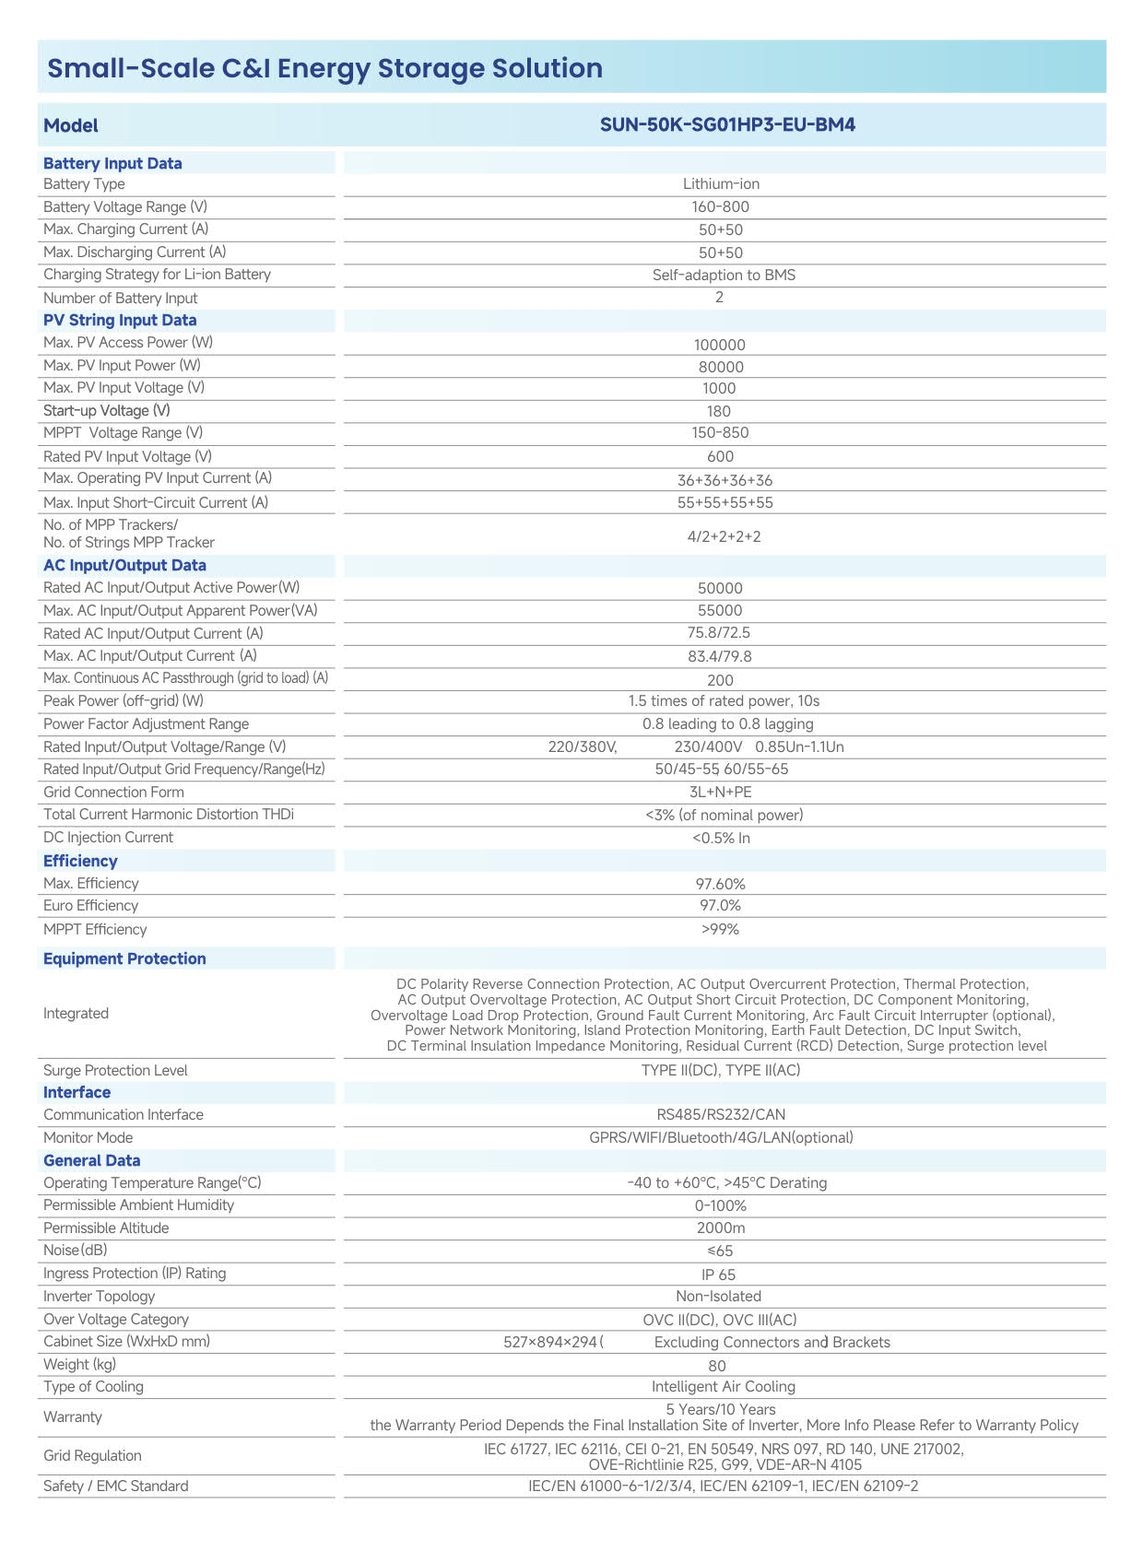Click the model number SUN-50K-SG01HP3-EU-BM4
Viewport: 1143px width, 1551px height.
[x=727, y=124]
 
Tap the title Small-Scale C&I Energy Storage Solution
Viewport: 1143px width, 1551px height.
[x=324, y=68]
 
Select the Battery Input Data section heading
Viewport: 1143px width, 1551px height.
[x=112, y=163]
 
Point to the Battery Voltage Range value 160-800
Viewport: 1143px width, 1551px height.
[x=720, y=207]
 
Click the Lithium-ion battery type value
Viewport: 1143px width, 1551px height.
[x=721, y=184]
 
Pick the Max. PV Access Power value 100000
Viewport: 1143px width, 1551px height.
[x=719, y=345]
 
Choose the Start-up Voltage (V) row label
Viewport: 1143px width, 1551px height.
[x=106, y=410]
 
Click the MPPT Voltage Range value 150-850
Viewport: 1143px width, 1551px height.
[x=720, y=433]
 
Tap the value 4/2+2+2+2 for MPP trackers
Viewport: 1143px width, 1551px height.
[x=724, y=536]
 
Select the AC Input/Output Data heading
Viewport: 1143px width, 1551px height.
[x=124, y=565]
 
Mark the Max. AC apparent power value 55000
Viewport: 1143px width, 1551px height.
[x=720, y=610]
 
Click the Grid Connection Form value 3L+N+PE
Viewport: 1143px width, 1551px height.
[x=720, y=792]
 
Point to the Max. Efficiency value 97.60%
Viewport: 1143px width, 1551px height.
[x=720, y=884]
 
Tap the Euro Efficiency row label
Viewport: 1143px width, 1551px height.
[x=90, y=906]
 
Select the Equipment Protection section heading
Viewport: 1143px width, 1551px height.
[x=124, y=958]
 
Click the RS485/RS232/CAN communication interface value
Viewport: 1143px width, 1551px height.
[x=721, y=1114]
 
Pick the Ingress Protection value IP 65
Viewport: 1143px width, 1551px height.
[x=718, y=1275]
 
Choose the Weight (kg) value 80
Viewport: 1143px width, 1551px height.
[x=717, y=1366]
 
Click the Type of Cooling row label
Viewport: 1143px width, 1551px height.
[x=93, y=1387]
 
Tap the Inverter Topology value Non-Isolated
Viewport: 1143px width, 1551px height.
[x=718, y=1297]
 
